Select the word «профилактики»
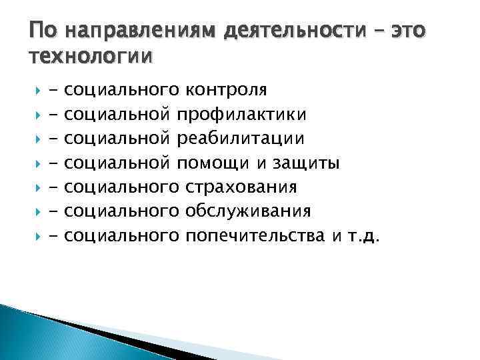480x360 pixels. (246, 115)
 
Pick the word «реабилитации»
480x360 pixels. (245, 139)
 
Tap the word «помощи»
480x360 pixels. (219, 163)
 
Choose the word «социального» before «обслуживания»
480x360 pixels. (124, 211)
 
